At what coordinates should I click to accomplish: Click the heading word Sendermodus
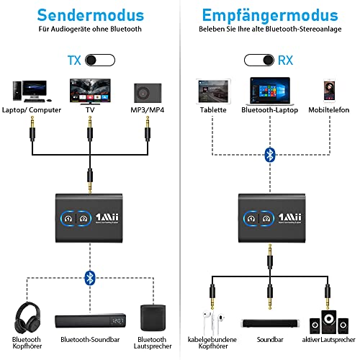pyautogui.click(x=89, y=15)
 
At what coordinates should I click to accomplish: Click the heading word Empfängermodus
pyautogui.click(x=270, y=15)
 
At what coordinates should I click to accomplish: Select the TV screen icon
pyautogui.click(x=89, y=91)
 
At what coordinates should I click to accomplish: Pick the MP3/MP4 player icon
pyautogui.click(x=146, y=92)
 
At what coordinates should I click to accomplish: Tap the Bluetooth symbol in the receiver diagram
pyautogui.click(x=269, y=155)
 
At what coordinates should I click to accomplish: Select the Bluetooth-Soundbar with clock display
pyautogui.click(x=89, y=320)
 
